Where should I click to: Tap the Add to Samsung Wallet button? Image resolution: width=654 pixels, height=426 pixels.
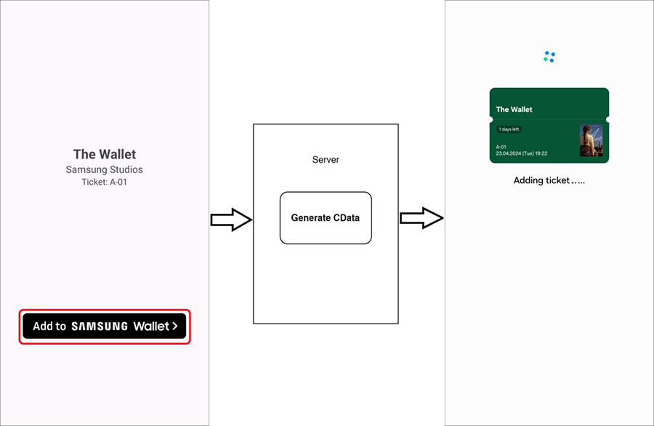tap(104, 326)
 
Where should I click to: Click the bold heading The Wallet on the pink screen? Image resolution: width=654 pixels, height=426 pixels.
tap(104, 154)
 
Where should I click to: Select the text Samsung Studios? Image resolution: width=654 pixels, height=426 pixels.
tap(104, 169)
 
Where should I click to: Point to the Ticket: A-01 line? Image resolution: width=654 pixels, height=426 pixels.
tap(104, 182)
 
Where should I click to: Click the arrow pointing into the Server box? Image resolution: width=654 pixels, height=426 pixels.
tap(231, 220)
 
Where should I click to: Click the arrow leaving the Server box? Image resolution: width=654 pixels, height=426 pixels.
tap(421, 218)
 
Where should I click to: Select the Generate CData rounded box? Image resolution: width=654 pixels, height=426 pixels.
tap(326, 218)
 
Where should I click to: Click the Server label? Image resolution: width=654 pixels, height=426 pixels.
tap(326, 160)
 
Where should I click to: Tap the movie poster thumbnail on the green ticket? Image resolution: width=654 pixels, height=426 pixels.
tap(592, 140)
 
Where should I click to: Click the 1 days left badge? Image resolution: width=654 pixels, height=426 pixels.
tap(509, 129)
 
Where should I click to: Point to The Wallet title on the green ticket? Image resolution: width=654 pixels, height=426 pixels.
tap(514, 109)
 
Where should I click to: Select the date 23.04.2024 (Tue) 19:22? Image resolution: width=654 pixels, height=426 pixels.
tap(521, 153)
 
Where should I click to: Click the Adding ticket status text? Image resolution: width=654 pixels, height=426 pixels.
tap(549, 180)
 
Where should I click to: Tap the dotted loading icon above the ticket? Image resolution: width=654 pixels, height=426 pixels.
tap(549, 57)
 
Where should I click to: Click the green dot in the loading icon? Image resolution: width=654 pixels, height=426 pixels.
tap(546, 60)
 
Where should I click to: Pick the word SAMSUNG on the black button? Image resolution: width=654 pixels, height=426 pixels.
tap(100, 326)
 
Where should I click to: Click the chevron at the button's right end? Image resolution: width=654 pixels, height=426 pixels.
tap(174, 326)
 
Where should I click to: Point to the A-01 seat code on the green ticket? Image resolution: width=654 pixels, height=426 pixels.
tap(501, 147)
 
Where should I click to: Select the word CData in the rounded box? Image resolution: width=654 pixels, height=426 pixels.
tap(346, 218)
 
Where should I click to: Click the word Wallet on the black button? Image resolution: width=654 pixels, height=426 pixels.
tap(151, 326)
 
